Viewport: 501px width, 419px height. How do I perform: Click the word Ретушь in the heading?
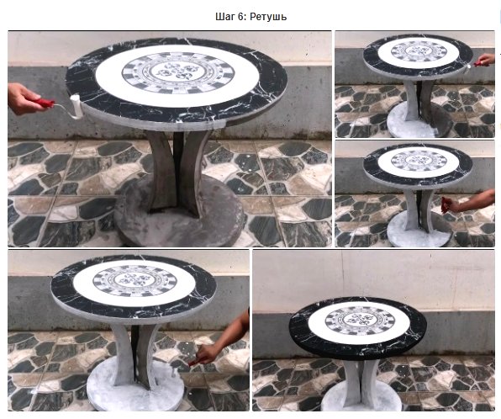pyautogui.click(x=268, y=17)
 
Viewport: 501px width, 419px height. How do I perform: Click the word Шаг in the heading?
pyautogui.click(x=224, y=17)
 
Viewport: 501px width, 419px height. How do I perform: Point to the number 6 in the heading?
pyautogui.click(x=241, y=17)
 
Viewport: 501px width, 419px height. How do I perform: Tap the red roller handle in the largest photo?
pyautogui.click(x=43, y=103)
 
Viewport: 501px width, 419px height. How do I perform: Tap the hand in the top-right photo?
pyautogui.click(x=486, y=60)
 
